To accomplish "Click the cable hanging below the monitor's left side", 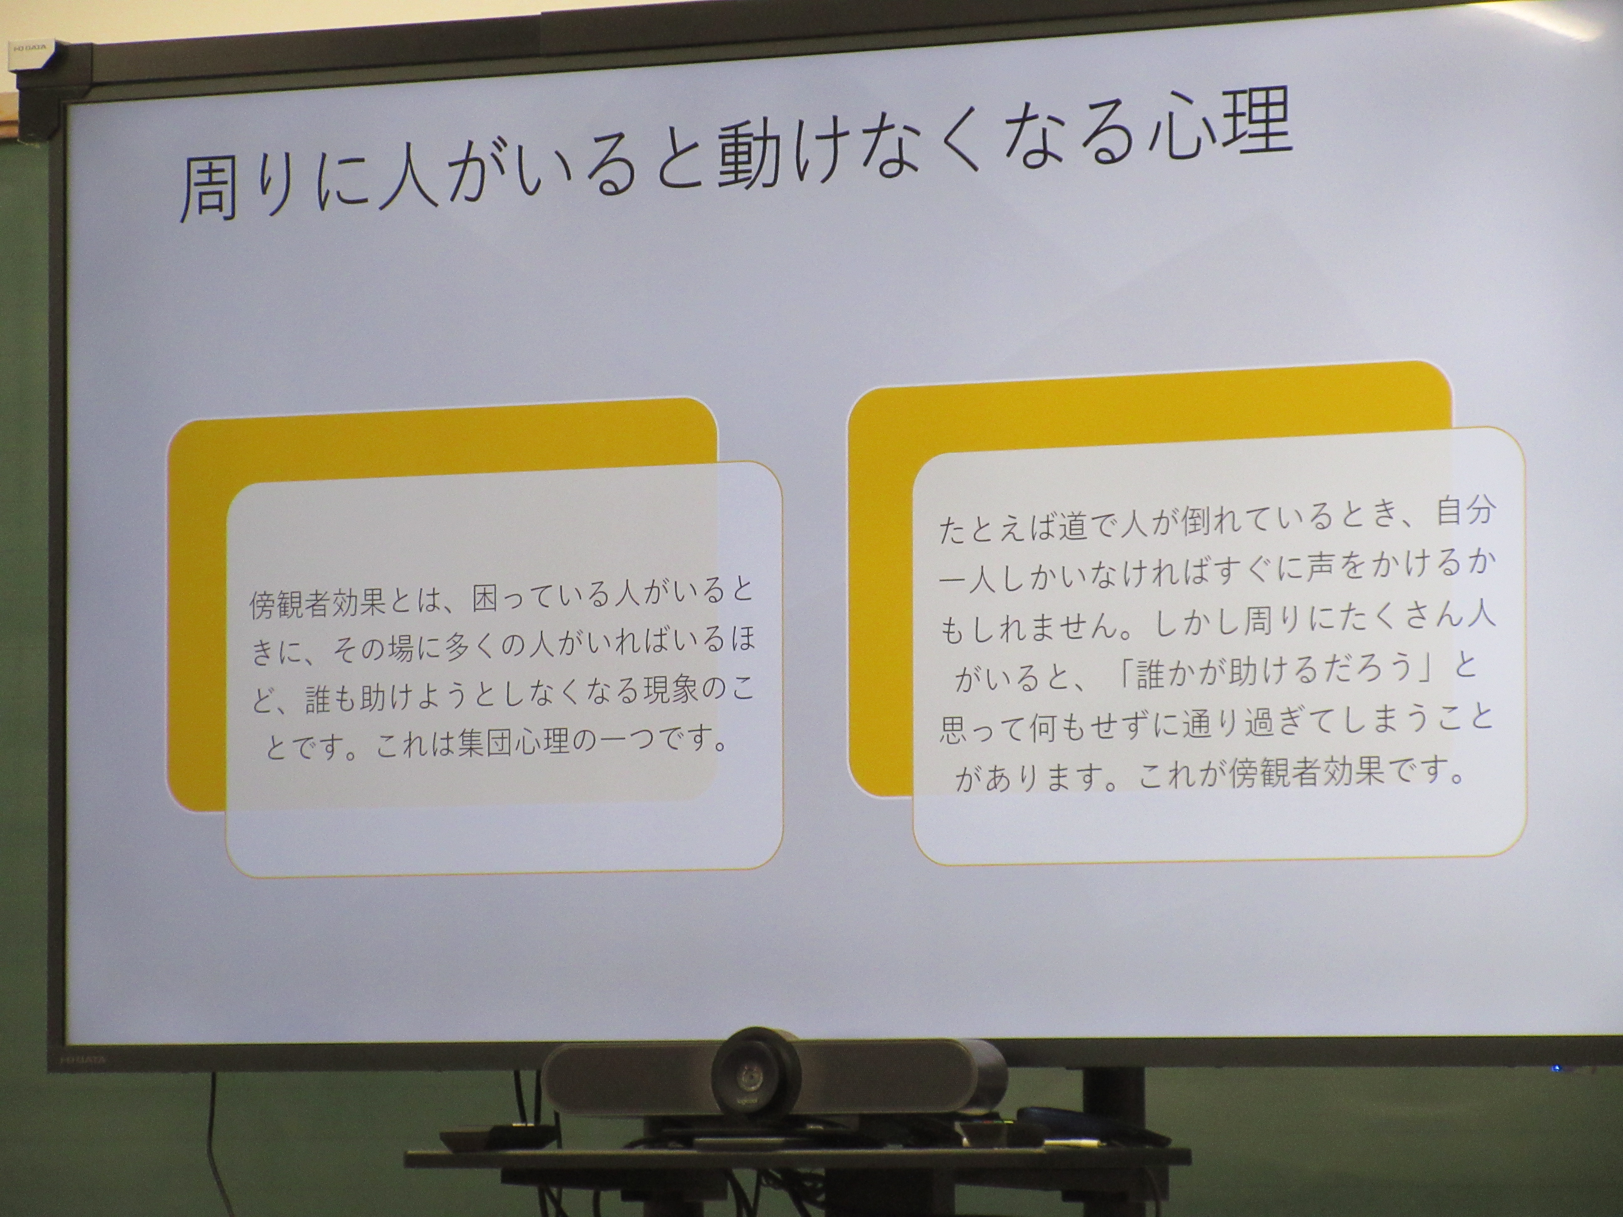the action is tap(211, 1144).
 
